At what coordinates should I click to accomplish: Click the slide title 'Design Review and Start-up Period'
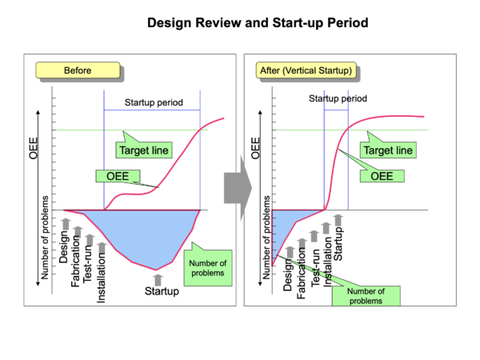258,22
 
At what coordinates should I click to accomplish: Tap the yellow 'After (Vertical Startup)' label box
306,70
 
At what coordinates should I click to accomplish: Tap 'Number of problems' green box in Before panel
207,268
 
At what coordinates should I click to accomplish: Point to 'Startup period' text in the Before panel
153,103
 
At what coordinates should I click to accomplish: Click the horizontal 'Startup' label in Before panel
161,291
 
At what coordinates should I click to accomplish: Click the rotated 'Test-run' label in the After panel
314,266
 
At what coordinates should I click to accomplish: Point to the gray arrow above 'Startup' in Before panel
158,278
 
